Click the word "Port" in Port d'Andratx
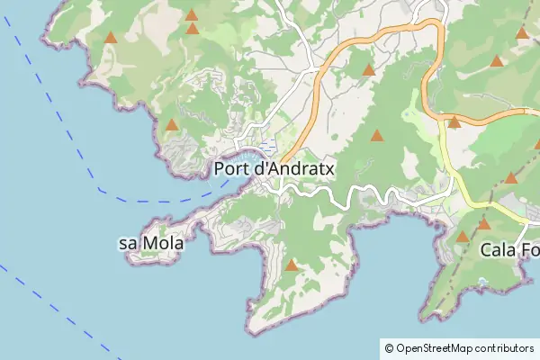[x=234, y=168]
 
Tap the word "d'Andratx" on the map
[x=295, y=168]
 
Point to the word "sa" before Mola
[x=129, y=244]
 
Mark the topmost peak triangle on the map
[x=191, y=14]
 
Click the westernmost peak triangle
[x=110, y=38]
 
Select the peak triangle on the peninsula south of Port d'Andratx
[x=291, y=265]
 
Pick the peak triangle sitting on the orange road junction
[x=454, y=122]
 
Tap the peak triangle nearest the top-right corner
[x=522, y=33]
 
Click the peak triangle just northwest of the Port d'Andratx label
[x=171, y=124]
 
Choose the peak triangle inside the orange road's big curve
[x=367, y=70]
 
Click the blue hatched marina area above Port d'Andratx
[x=267, y=147]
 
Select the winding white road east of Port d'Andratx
[x=360, y=192]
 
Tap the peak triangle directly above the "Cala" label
[x=483, y=224]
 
